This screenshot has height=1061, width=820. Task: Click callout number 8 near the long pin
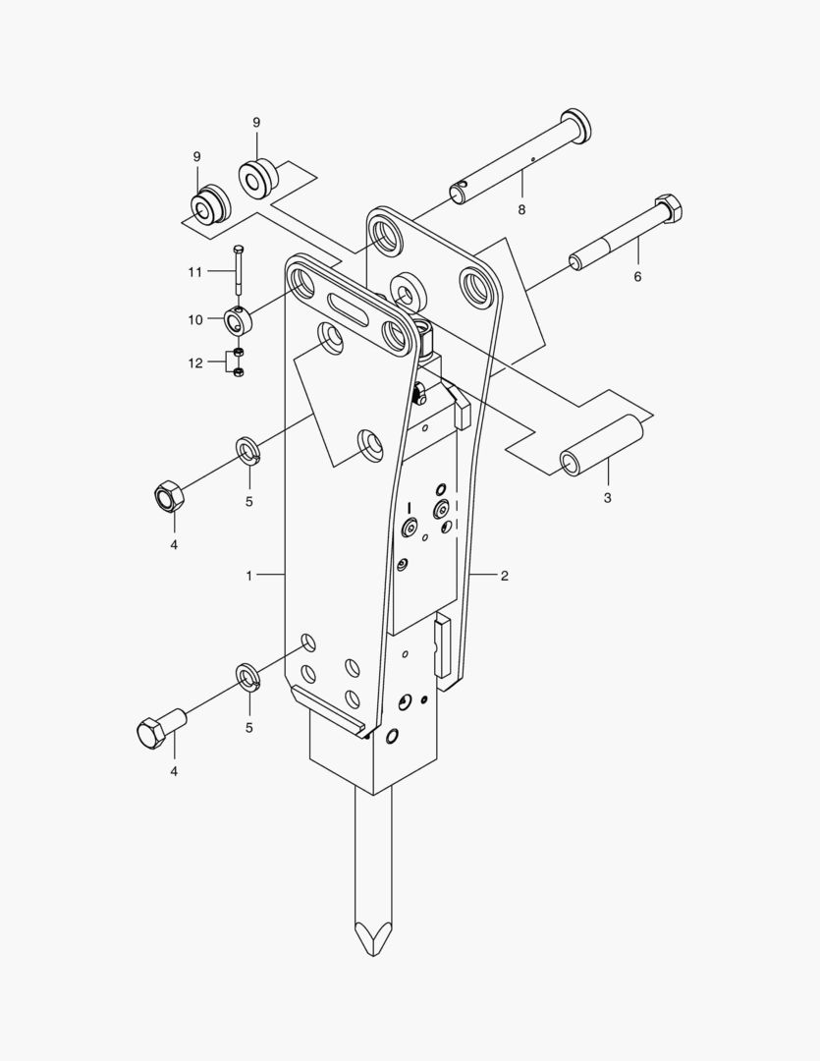(x=521, y=210)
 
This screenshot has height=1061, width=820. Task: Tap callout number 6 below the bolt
(x=636, y=277)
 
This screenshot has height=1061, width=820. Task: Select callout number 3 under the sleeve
(x=607, y=498)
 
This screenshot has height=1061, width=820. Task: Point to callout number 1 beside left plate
(x=249, y=574)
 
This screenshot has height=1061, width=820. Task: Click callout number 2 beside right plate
(x=504, y=576)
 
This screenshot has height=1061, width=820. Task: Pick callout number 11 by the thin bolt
(x=194, y=271)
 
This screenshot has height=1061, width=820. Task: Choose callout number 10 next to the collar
(x=194, y=319)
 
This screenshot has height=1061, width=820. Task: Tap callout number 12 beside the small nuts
(x=195, y=363)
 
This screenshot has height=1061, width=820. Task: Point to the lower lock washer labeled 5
(x=247, y=677)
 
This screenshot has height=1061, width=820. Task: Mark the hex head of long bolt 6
(x=668, y=207)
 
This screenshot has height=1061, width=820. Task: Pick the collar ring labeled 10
(x=239, y=319)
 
